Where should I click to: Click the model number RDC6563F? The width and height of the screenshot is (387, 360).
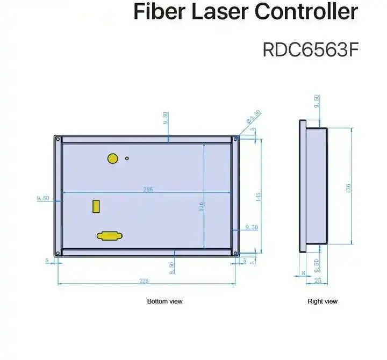point(309,49)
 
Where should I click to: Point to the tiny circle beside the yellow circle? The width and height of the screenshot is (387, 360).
point(127,158)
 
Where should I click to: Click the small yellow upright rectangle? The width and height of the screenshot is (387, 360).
point(96,206)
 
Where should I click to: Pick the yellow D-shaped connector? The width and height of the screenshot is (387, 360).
point(109,235)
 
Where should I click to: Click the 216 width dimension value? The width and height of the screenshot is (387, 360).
point(147,189)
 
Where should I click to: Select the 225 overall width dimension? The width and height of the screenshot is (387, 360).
point(144,280)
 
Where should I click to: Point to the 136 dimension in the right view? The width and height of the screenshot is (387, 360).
point(348,188)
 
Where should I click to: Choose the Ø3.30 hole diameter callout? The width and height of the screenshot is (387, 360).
point(254,117)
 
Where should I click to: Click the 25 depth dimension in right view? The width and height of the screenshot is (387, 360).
point(318,280)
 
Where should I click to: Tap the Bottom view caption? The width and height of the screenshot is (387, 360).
point(164,301)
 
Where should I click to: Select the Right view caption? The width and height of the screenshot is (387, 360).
point(322,301)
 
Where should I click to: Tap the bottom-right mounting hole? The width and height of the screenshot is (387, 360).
point(235,254)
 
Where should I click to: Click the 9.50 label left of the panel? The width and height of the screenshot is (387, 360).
point(43,198)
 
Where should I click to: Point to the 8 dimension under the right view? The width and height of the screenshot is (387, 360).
point(303,273)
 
